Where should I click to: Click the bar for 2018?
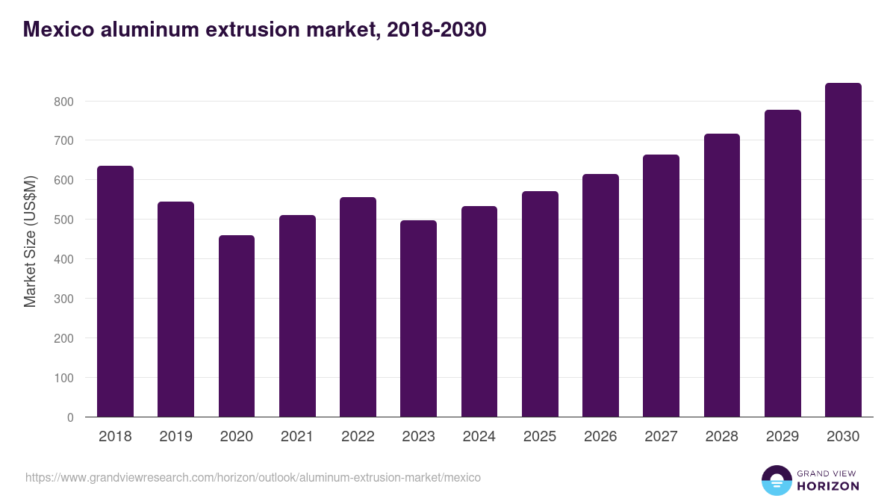pos(115,291)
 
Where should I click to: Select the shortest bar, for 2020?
pos(237,326)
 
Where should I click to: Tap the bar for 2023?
pos(418,319)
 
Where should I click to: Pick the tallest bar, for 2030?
pos(843,250)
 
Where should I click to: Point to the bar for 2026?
pos(600,296)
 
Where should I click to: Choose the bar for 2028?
pos(722,276)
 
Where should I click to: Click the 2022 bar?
pos(358,307)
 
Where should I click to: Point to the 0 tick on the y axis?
pos(70,417)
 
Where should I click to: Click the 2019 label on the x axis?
pos(175,437)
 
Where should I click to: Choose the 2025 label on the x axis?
pos(540,437)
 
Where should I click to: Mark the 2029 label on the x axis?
pos(783,437)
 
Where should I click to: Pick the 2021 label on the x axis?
pos(297,437)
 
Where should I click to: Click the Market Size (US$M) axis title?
pos(30,240)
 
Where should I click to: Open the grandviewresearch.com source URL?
pos(253,477)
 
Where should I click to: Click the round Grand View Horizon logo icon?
pos(776,481)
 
